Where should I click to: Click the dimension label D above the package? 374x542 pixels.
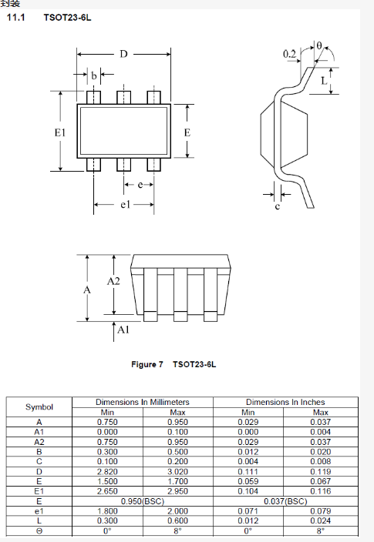pyautogui.click(x=123, y=54)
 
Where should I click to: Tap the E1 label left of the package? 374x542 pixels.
pyautogui.click(x=60, y=132)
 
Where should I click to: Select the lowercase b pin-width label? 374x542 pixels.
pyautogui.click(x=94, y=75)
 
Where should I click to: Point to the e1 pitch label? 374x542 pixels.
pyautogui.click(x=125, y=205)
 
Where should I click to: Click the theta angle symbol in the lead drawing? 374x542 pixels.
pyautogui.click(x=319, y=45)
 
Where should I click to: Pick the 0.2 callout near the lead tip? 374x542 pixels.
pyautogui.click(x=289, y=54)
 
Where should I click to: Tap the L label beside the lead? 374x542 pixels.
pyautogui.click(x=324, y=81)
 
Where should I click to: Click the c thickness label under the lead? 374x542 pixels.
pyautogui.click(x=278, y=206)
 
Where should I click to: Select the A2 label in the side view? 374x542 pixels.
pyautogui.click(x=113, y=281)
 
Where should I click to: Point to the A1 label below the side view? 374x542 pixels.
pyautogui.click(x=123, y=330)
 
